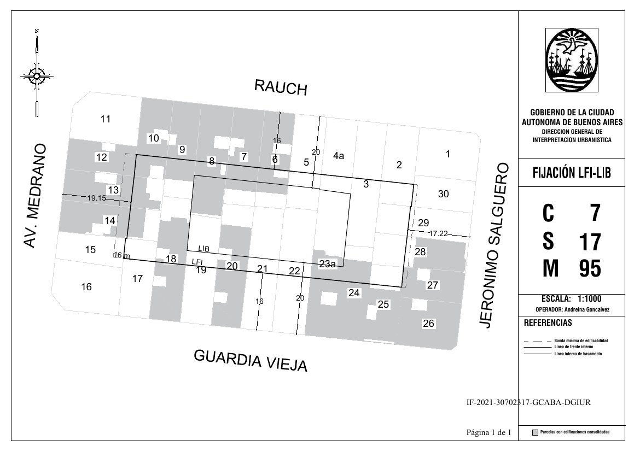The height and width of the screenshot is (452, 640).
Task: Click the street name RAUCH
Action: pyautogui.click(x=281, y=87)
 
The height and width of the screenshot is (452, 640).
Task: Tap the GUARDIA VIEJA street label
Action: pyautogui.click(x=251, y=360)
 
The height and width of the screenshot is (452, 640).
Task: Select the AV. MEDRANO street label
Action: pyautogui.click(x=34, y=196)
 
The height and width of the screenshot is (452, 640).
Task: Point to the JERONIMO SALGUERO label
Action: pyautogui.click(x=493, y=245)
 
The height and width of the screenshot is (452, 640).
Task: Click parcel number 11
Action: pyautogui.click(x=106, y=119)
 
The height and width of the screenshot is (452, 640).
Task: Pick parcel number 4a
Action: pyautogui.click(x=339, y=155)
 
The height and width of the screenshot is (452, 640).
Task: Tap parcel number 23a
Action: pyautogui.click(x=327, y=264)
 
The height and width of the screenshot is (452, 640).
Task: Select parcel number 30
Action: pyautogui.click(x=443, y=194)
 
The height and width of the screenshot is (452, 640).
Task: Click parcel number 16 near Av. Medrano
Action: pyautogui.click(x=86, y=287)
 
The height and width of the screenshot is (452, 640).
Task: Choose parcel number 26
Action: pyautogui.click(x=428, y=324)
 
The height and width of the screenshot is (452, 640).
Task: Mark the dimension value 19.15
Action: pyautogui.click(x=97, y=198)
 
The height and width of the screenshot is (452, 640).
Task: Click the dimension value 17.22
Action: pyautogui.click(x=439, y=234)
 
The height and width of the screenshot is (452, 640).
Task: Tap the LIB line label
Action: pyautogui.click(x=203, y=249)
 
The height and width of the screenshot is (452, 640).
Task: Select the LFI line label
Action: pyautogui.click(x=197, y=262)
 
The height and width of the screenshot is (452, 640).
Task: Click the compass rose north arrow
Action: pyautogui.click(x=37, y=73)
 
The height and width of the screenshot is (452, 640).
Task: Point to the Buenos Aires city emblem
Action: pyautogui.click(x=572, y=60)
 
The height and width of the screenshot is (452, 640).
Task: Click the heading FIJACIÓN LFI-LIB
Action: pyautogui.click(x=572, y=173)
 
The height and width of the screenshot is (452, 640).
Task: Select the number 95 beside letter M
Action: pyautogui.click(x=590, y=269)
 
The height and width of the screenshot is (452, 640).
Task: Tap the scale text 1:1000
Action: pyautogui.click(x=589, y=298)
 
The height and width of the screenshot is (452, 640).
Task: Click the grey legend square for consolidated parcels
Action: pyautogui.click(x=535, y=433)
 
